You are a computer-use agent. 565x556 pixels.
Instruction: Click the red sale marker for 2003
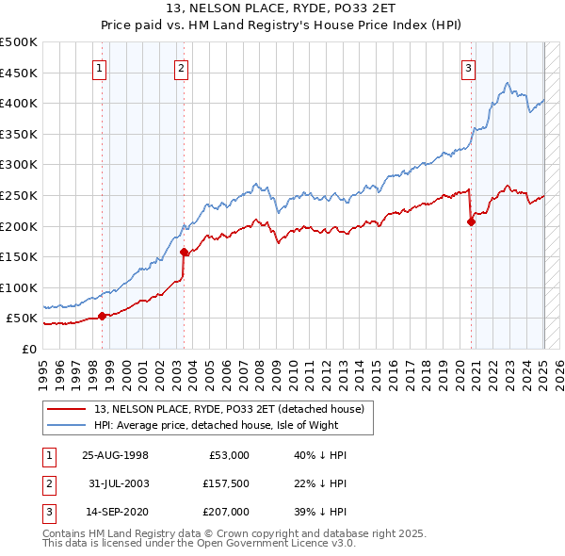click(x=185, y=252)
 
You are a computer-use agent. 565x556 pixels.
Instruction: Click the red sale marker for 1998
click(x=103, y=316)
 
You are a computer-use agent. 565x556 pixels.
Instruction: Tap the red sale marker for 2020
click(x=471, y=221)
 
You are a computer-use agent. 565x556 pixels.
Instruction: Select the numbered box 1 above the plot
click(x=99, y=67)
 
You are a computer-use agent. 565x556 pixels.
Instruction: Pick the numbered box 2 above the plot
click(x=181, y=67)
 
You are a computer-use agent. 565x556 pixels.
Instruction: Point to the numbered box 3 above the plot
click(x=468, y=67)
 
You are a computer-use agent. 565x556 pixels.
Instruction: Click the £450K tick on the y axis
click(x=19, y=73)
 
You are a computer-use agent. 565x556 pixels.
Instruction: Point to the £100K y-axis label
click(x=19, y=287)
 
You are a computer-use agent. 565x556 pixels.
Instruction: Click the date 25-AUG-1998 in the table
click(x=115, y=455)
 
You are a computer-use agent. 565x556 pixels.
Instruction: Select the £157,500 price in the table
click(x=223, y=483)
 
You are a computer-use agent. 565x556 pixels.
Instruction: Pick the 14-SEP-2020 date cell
click(x=115, y=512)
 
